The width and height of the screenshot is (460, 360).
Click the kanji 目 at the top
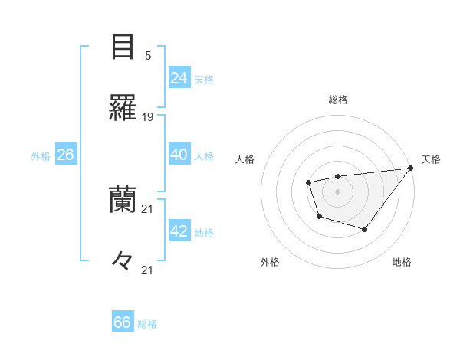pyautogui.click(x=123, y=48)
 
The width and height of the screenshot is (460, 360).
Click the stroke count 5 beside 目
pyautogui.click(x=148, y=56)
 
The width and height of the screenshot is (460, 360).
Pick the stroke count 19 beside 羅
pyautogui.click(x=148, y=117)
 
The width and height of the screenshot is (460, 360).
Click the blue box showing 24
pyautogui.click(x=179, y=78)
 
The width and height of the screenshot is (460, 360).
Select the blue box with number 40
pyautogui.click(x=179, y=155)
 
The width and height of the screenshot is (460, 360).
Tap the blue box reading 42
pyautogui.click(x=179, y=231)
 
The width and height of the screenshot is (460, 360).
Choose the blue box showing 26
pyautogui.click(x=65, y=155)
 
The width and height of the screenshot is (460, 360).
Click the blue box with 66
pyautogui.click(x=122, y=322)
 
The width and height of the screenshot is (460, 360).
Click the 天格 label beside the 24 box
pyautogui.click(x=204, y=79)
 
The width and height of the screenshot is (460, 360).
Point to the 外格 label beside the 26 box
pyautogui.click(x=41, y=155)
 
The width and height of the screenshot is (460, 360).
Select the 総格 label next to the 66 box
pyautogui.click(x=147, y=323)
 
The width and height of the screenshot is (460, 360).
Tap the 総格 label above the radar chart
pyautogui.click(x=337, y=100)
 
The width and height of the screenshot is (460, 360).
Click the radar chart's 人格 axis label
pyautogui.click(x=245, y=159)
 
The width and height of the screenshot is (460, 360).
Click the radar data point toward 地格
pyautogui.click(x=365, y=229)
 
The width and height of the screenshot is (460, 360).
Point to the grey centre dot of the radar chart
pyautogui.click(x=337, y=191)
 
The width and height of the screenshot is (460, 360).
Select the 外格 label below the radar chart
pyautogui.click(x=270, y=262)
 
